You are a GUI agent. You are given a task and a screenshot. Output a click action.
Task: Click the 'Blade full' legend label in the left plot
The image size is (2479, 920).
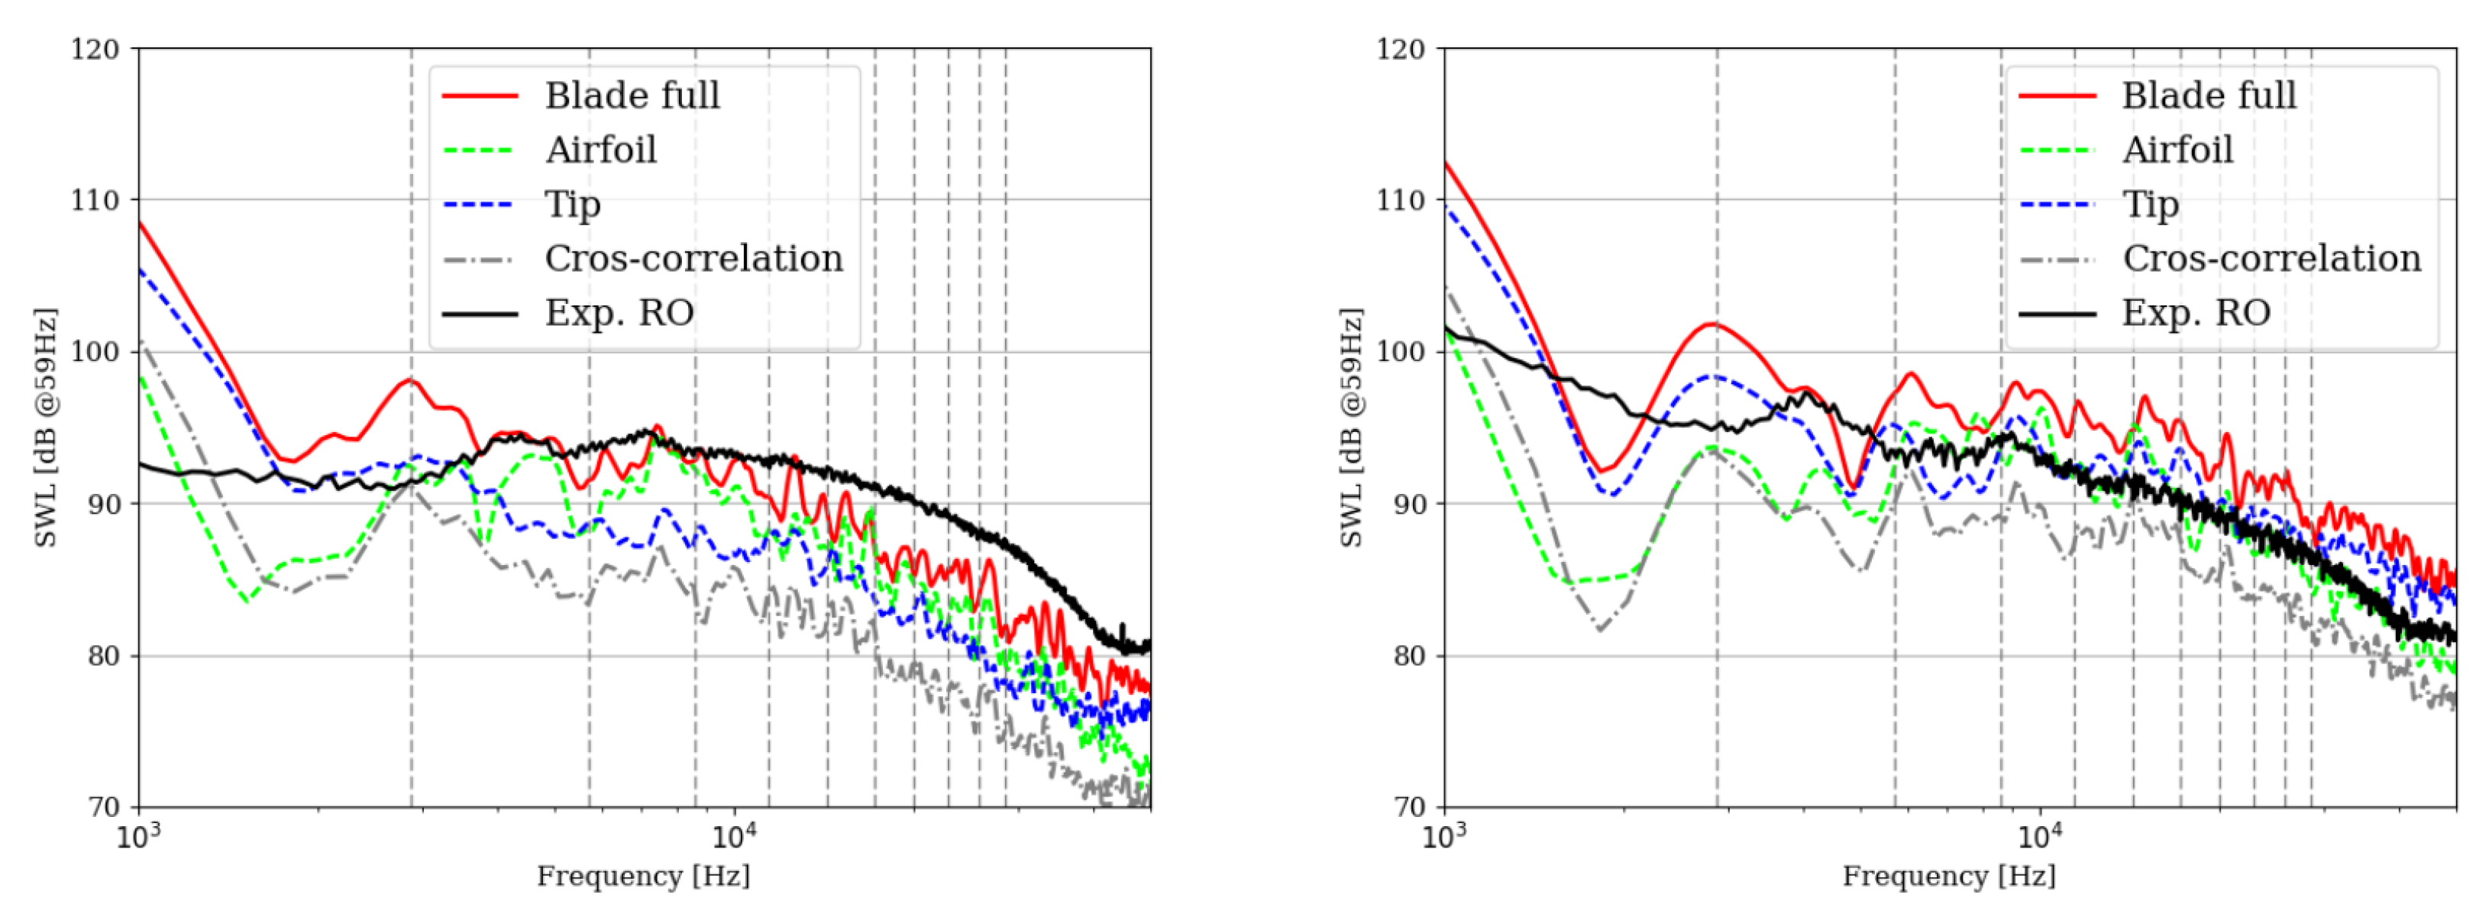(632, 95)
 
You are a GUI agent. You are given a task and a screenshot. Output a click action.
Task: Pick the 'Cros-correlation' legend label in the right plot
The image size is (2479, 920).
(2271, 259)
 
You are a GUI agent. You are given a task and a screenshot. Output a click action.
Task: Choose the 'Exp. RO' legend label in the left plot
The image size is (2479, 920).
(619, 313)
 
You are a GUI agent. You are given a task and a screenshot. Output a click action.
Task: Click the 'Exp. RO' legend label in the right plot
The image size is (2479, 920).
(2196, 313)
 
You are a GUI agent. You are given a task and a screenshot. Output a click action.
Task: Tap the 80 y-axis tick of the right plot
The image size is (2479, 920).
(1407, 657)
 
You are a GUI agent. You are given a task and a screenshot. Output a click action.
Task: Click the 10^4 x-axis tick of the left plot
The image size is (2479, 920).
(733, 834)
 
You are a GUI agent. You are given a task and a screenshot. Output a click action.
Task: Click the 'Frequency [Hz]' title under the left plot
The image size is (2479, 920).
(643, 876)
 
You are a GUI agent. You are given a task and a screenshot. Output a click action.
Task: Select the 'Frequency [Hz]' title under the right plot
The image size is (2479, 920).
(1949, 876)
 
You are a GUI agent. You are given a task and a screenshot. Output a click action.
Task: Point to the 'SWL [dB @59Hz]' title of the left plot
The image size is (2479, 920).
(46, 428)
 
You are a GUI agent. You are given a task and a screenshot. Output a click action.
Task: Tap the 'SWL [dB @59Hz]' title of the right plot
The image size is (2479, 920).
(1351, 428)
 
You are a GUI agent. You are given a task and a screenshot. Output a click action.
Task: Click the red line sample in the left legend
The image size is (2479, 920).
(480, 96)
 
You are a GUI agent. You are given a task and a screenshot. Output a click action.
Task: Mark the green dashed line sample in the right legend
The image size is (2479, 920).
(2056, 151)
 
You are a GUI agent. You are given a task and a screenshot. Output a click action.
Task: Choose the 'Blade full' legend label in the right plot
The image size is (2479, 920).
(2209, 95)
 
